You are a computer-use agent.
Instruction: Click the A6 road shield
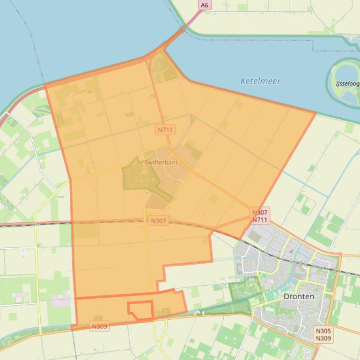click(x=204, y=5)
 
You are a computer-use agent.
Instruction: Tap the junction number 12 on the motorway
click(x=159, y=49)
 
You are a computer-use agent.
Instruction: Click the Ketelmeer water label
click(x=260, y=81)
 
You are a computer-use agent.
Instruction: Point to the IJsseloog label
click(x=347, y=84)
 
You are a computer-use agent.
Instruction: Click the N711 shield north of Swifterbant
click(x=165, y=130)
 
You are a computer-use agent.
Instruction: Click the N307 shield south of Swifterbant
click(x=158, y=221)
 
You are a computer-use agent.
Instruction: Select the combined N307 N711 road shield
click(x=260, y=216)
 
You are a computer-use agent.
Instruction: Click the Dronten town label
click(x=299, y=296)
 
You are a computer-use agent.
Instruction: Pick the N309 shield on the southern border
click(x=99, y=326)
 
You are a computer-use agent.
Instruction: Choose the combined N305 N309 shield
click(x=323, y=334)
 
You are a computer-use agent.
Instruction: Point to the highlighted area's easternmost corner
click(x=316, y=113)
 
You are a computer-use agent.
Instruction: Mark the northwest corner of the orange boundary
click(x=45, y=86)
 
